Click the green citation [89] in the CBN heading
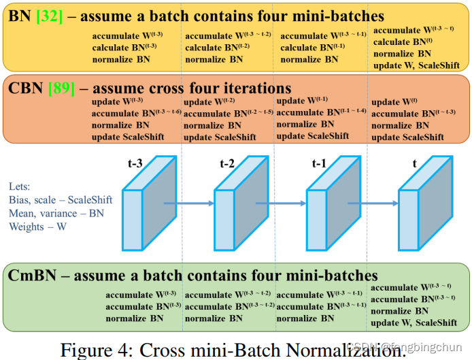(x=61, y=88)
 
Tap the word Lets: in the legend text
(x=20, y=186)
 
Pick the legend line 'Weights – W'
(x=37, y=227)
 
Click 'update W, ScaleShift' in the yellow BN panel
(x=416, y=65)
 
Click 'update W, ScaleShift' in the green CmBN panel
(x=414, y=322)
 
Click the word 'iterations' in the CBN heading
(x=253, y=88)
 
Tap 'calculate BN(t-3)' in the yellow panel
(x=124, y=48)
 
